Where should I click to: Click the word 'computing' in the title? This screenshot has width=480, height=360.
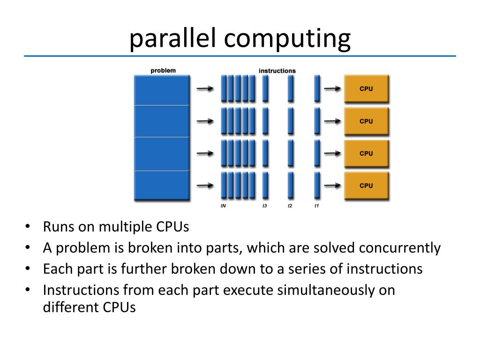(x=287, y=39)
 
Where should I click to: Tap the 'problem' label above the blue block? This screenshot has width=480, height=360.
(x=163, y=71)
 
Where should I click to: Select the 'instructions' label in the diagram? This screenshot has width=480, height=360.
(x=277, y=71)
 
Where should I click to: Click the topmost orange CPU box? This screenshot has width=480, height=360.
(x=366, y=89)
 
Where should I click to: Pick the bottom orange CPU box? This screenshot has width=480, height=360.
(x=366, y=185)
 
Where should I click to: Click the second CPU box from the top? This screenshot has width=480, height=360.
(x=366, y=121)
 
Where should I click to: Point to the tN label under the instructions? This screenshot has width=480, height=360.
(x=223, y=206)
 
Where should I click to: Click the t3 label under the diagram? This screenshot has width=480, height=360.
(x=265, y=206)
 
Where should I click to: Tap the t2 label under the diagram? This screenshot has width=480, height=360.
(x=290, y=206)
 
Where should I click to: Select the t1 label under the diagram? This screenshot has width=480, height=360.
(x=316, y=206)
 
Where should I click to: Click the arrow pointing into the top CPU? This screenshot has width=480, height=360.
(x=332, y=89)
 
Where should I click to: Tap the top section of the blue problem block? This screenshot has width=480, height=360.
(x=162, y=90)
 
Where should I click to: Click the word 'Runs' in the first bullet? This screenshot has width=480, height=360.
(x=57, y=227)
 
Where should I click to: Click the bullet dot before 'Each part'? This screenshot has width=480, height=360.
(x=28, y=269)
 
